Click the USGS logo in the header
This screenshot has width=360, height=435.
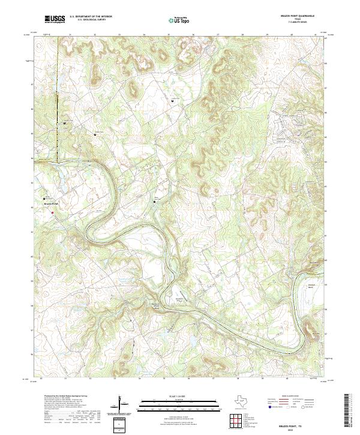click(55, 20)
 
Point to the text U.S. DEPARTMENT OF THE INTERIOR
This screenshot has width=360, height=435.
click(91, 17)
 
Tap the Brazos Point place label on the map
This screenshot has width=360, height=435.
click(50, 204)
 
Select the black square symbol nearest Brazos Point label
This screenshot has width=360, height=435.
click(44, 199)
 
